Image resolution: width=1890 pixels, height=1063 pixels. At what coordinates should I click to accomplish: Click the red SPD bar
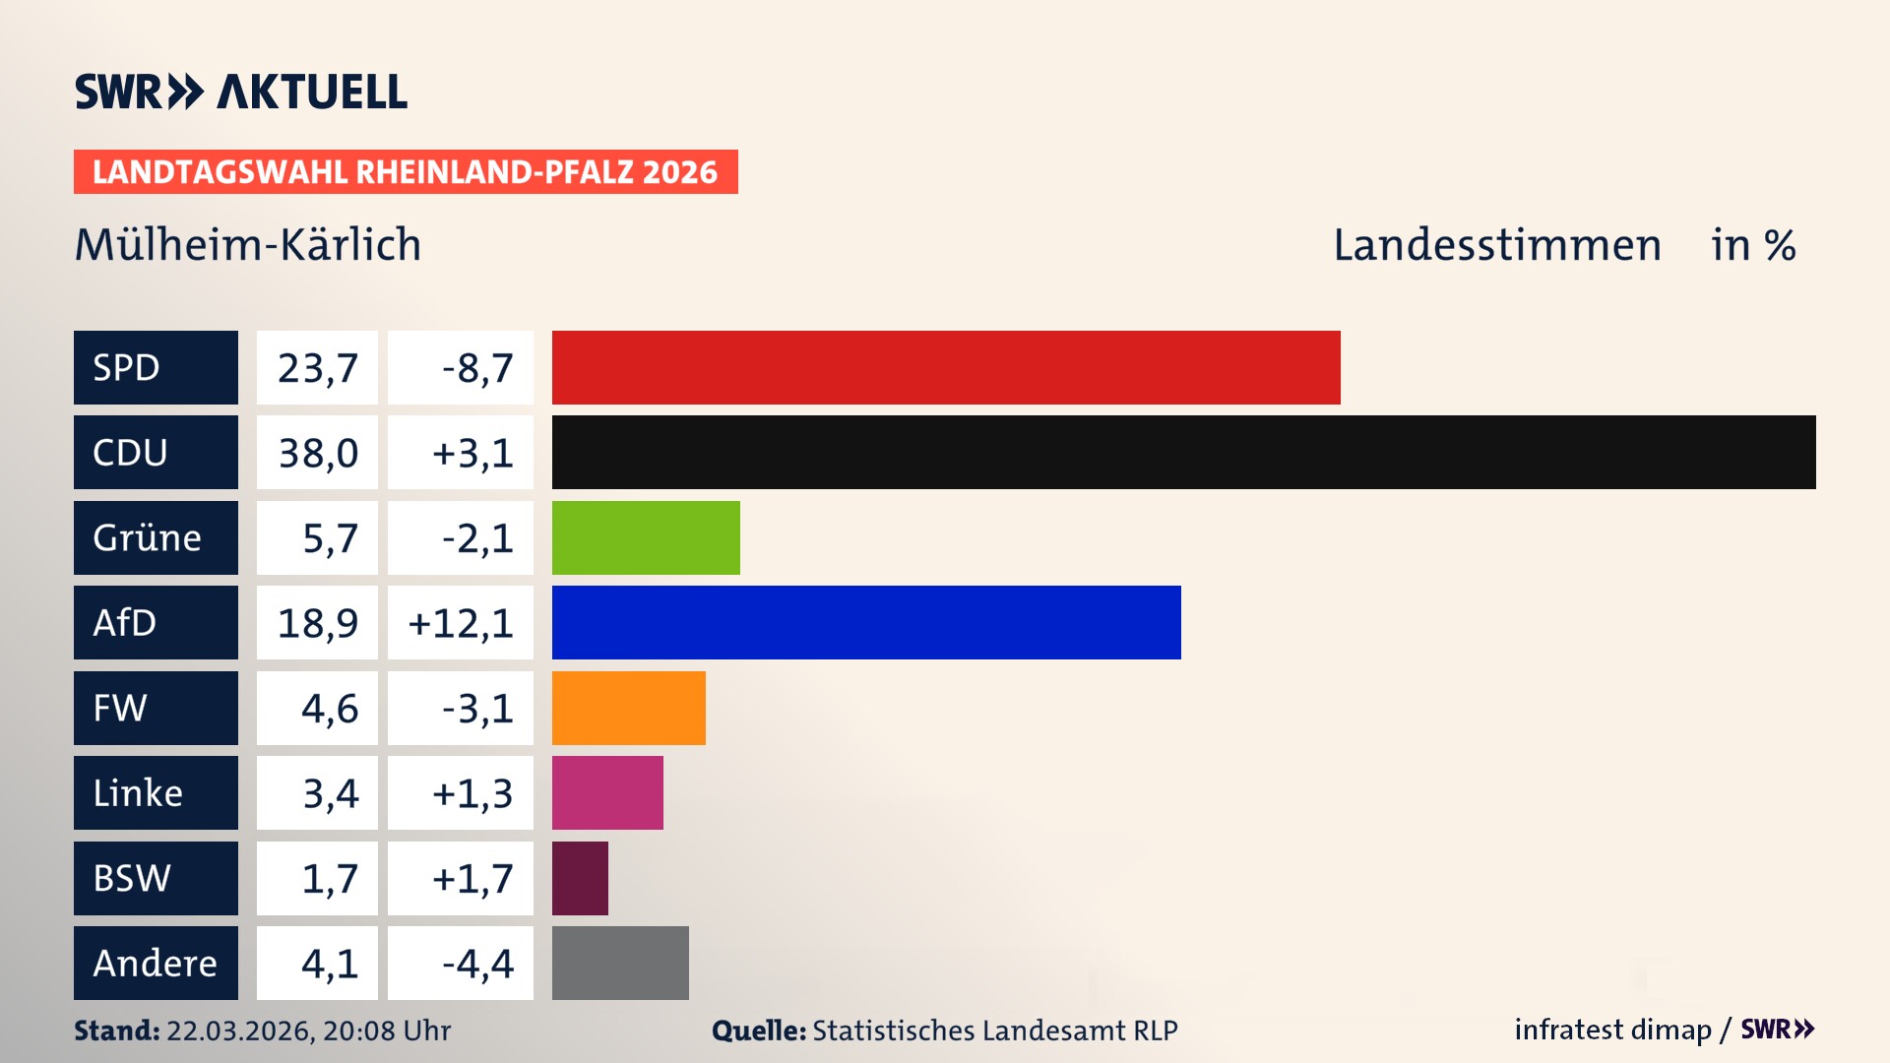(945, 367)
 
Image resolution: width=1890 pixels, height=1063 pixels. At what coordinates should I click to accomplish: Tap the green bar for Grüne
(645, 537)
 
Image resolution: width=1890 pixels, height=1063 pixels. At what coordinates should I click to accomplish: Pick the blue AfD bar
(866, 622)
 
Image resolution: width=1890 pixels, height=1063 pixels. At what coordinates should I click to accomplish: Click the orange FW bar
(628, 708)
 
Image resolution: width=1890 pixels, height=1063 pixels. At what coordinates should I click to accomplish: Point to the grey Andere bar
(620, 963)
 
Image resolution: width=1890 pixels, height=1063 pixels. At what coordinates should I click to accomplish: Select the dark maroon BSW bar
(580, 878)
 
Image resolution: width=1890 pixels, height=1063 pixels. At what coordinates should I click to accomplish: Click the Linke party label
(138, 793)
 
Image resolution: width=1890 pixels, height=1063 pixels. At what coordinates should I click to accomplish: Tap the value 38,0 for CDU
(318, 453)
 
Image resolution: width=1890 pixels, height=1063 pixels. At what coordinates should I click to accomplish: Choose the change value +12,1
(461, 623)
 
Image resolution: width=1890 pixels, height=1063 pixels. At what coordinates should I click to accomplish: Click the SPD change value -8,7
(477, 368)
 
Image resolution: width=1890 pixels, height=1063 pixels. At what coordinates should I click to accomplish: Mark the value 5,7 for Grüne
(330, 538)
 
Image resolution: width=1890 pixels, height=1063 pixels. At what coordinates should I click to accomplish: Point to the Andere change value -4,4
(477, 964)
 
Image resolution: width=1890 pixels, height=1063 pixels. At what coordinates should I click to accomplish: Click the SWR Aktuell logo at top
(241, 92)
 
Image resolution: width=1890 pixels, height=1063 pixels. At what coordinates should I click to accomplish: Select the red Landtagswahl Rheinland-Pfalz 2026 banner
(406, 172)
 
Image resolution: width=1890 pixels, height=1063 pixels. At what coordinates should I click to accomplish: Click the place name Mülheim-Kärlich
(248, 244)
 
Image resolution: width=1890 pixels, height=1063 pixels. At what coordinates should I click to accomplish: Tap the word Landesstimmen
(1497, 245)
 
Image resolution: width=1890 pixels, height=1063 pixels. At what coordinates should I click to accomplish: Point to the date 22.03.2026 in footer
(239, 1031)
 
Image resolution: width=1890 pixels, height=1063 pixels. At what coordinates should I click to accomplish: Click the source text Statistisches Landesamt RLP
(994, 1031)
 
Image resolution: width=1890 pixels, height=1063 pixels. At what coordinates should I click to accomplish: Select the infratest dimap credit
(1612, 1030)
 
